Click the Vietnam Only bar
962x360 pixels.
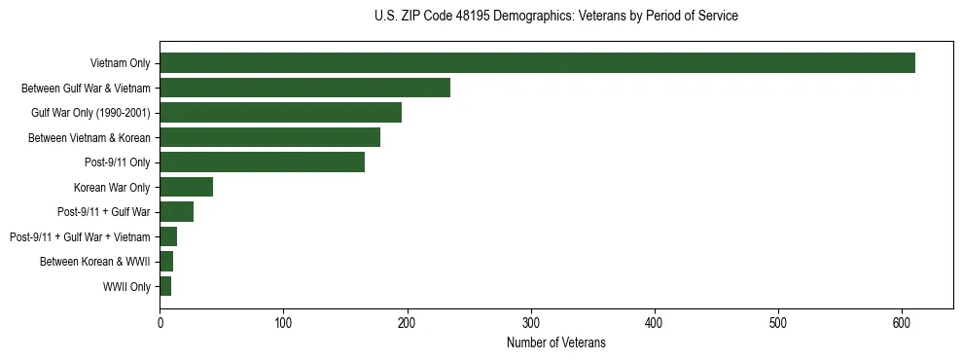pos(537,63)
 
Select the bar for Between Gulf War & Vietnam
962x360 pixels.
pos(304,88)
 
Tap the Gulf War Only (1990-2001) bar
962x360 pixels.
pos(280,113)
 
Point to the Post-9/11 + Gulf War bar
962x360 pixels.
pos(176,212)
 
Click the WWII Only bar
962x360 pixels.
pos(165,287)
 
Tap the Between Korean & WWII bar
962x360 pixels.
pos(166,262)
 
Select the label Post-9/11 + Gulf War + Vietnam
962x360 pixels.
pos(80,237)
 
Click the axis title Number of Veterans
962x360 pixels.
pos(556,342)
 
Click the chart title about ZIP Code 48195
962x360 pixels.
pos(556,16)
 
